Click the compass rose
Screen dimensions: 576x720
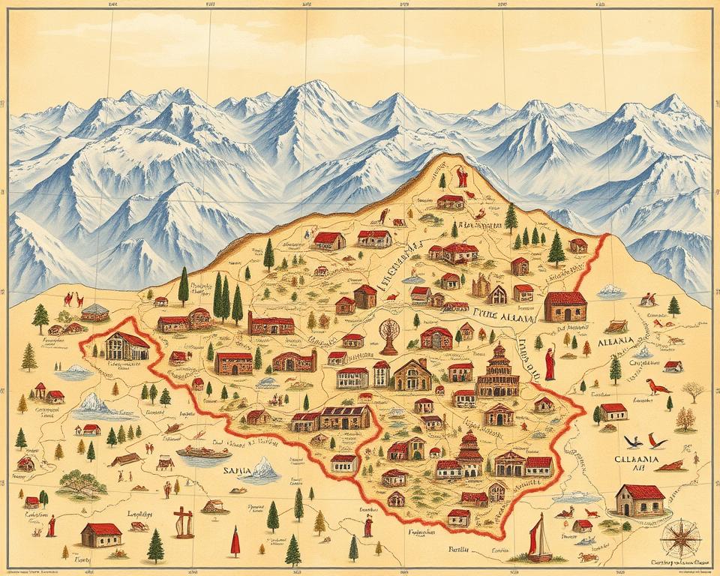(x=681, y=537)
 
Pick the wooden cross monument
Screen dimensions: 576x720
(x=182, y=521)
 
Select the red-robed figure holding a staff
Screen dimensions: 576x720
(x=550, y=362)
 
